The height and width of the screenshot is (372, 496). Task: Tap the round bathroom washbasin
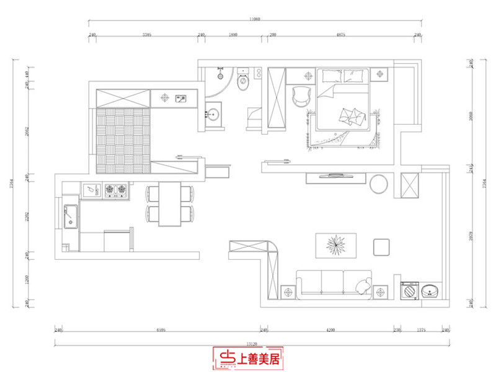(214, 114)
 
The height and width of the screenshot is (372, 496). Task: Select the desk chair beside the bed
(301, 95)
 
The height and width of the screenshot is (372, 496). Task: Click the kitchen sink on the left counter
(70, 217)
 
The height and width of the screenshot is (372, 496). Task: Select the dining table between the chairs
(169, 204)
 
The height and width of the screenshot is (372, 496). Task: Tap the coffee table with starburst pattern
(336, 246)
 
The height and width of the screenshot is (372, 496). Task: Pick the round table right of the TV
(379, 185)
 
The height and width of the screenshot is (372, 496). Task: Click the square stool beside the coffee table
(381, 247)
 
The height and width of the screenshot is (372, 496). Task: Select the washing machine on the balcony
(409, 290)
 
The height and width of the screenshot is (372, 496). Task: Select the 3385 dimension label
(146, 36)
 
